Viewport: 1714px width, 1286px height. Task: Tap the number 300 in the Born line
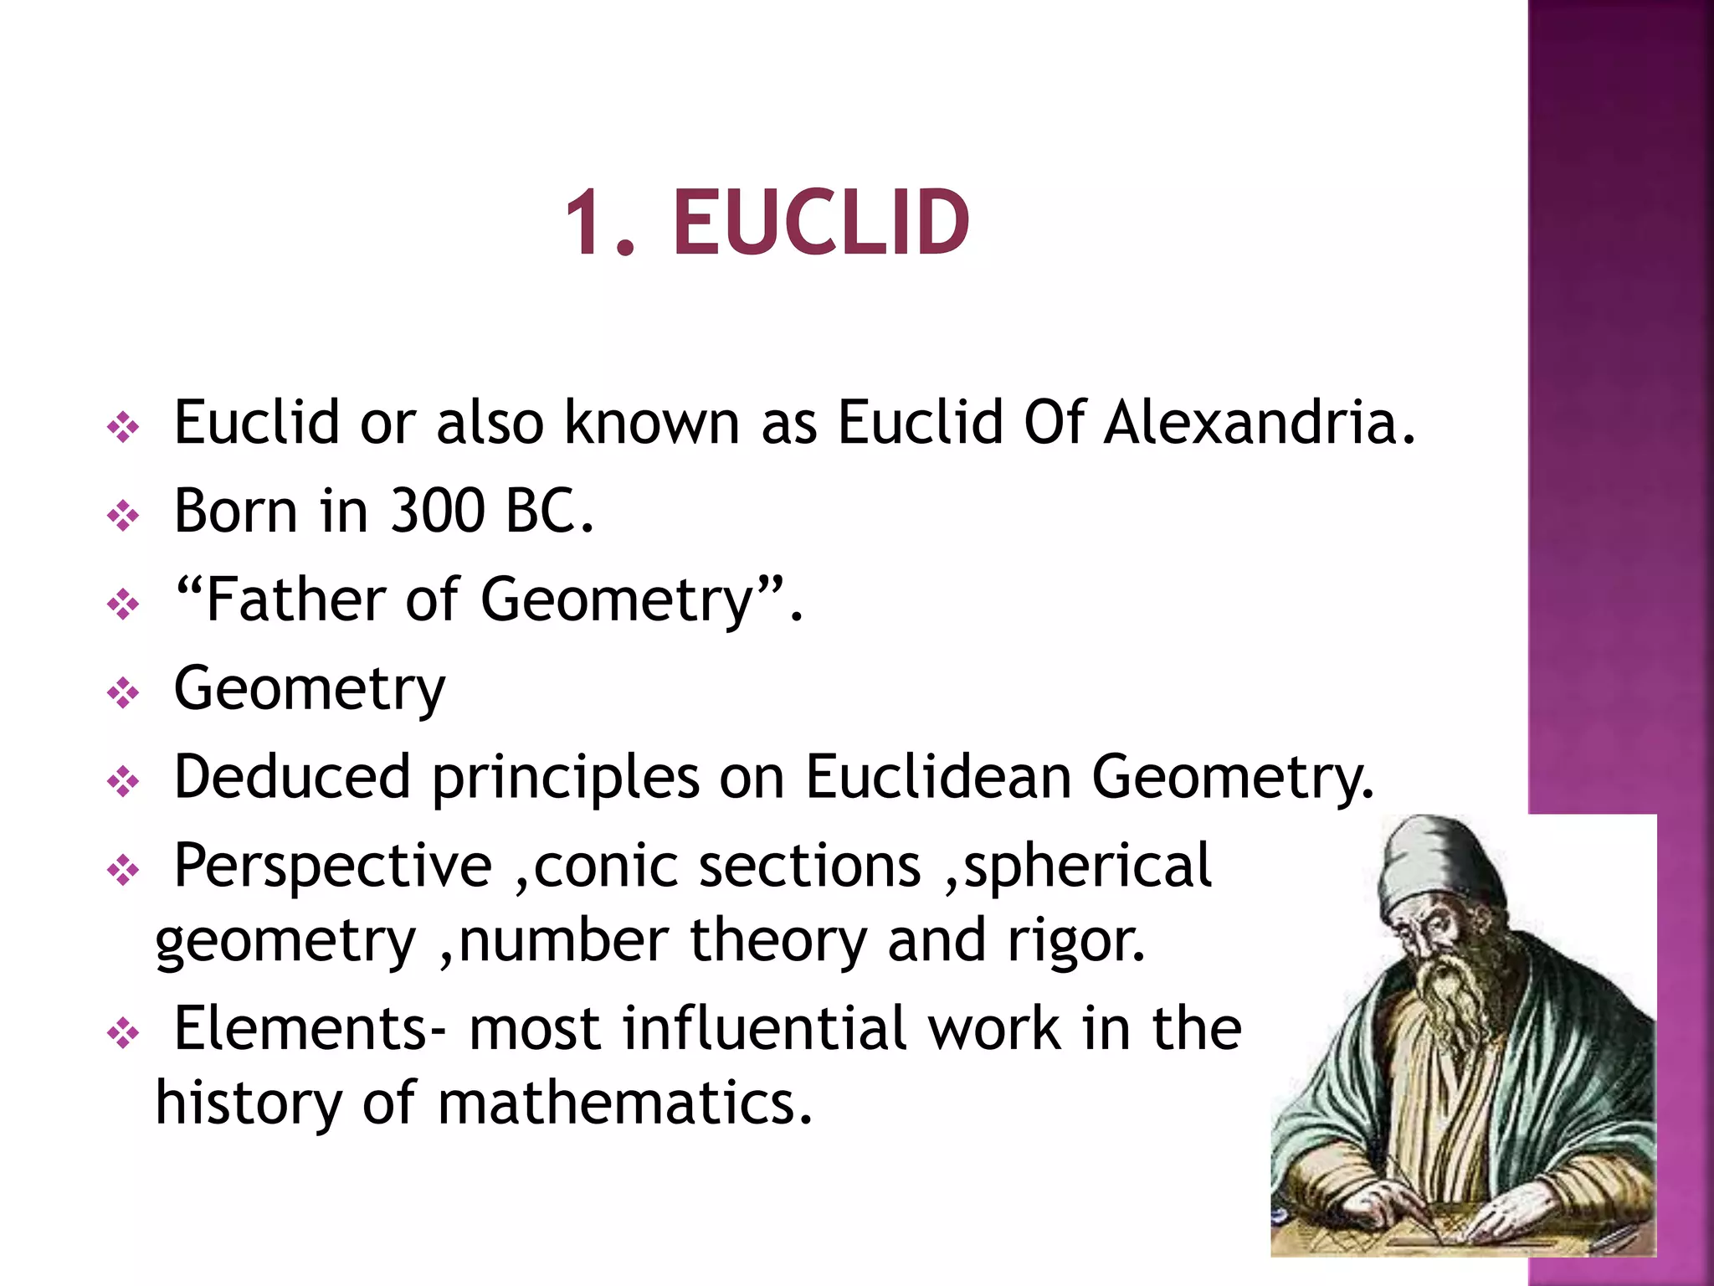(438, 511)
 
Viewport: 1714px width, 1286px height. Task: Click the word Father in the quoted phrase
(295, 599)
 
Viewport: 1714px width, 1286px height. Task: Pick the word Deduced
(291, 777)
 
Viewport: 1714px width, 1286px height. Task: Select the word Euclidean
(938, 777)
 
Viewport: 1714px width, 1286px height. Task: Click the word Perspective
(332, 866)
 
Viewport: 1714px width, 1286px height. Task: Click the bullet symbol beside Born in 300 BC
(123, 516)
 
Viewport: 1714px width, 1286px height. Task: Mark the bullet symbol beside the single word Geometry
(123, 693)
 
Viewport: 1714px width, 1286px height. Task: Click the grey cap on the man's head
(1431, 862)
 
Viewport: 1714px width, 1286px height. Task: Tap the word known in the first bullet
(651, 422)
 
